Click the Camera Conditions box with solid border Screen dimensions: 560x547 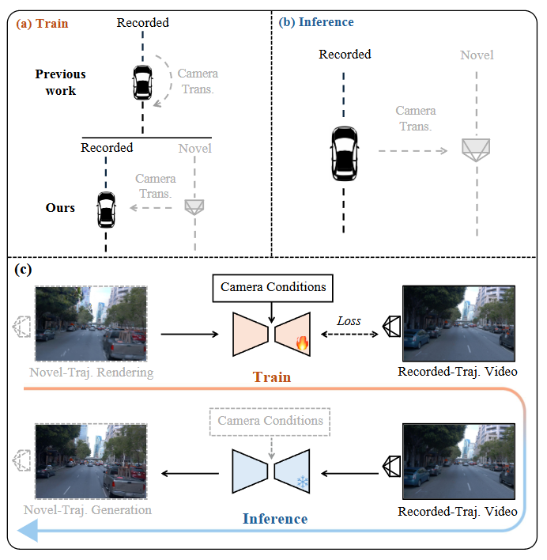273,287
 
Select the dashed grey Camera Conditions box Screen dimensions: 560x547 270,421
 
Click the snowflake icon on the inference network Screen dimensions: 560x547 301,482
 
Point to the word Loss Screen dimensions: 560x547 349,321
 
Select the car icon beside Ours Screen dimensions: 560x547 106,209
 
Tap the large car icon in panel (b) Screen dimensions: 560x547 344,153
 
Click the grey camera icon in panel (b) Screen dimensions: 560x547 476,149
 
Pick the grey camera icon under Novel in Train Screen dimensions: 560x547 194,206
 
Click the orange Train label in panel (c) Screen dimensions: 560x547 272,377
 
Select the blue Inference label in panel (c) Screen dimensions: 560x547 274,519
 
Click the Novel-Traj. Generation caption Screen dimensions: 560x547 89,509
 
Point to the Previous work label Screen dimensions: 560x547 60,82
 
